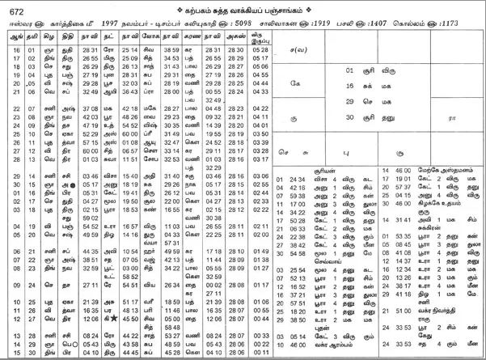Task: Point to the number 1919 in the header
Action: [366, 22]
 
